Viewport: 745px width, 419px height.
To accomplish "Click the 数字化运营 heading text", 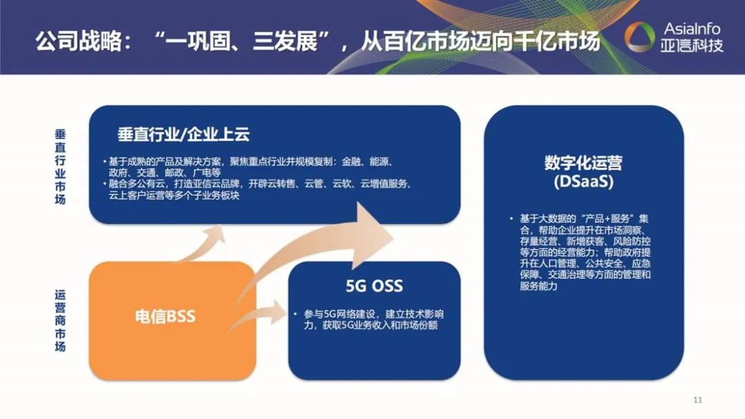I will [583, 163].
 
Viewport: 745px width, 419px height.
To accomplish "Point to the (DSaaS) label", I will [583, 183].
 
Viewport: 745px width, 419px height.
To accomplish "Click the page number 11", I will [697, 400].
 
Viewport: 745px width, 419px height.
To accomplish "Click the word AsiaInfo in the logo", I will [691, 29].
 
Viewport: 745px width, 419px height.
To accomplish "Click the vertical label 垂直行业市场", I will [60, 165].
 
